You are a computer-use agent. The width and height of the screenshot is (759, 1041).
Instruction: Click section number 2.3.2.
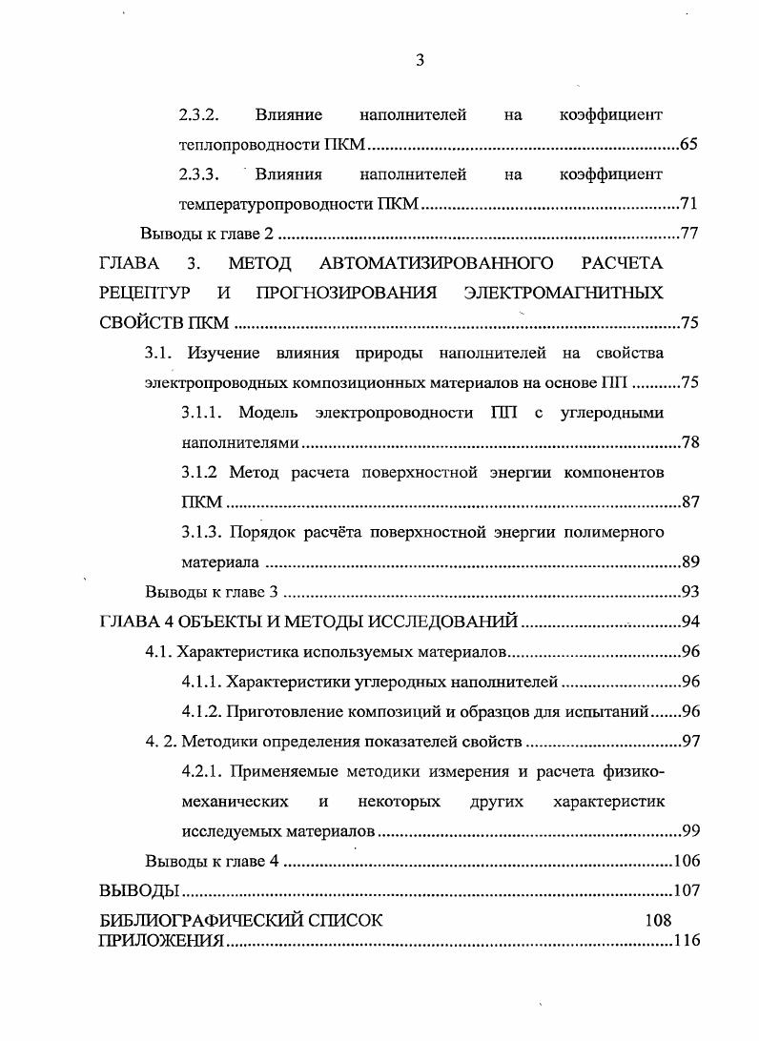(199, 115)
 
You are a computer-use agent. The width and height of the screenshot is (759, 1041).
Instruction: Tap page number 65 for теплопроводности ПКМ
(690, 146)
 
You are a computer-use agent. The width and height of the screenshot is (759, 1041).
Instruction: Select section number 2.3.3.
(199, 174)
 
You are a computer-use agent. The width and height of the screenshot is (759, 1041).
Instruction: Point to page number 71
(690, 204)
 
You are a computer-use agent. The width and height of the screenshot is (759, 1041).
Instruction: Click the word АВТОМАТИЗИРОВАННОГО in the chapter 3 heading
(450, 262)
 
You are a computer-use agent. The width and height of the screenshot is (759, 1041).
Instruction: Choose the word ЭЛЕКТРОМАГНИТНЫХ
(563, 292)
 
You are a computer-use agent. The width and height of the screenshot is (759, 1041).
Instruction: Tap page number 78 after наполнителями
(691, 442)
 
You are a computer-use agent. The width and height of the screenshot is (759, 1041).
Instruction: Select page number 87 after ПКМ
(691, 502)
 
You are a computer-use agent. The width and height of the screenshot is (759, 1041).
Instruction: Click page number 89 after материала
(691, 562)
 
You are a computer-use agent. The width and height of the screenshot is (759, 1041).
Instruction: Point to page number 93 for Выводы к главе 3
(691, 592)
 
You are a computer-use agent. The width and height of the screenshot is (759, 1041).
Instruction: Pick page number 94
(691, 623)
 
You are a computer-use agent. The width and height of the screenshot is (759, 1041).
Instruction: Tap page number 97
(691, 742)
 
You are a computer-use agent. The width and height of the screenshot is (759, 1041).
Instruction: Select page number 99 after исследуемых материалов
(691, 830)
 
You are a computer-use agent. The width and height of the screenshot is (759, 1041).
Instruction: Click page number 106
(687, 861)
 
